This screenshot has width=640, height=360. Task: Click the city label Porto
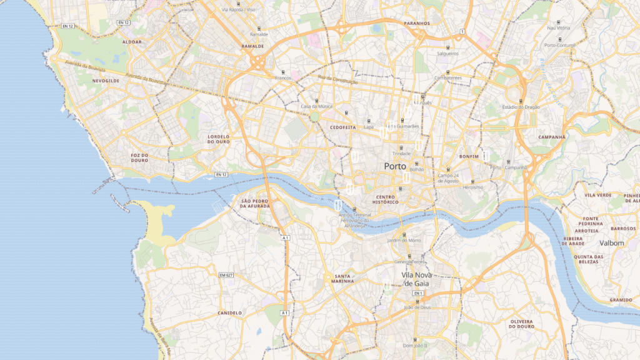click(x=394, y=166)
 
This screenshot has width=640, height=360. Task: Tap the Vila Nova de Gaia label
click(x=417, y=279)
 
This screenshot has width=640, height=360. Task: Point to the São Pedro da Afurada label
click(x=254, y=204)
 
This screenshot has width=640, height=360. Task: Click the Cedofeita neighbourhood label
click(x=342, y=127)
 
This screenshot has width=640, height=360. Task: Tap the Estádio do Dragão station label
click(x=521, y=107)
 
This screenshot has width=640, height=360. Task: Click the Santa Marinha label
click(x=344, y=278)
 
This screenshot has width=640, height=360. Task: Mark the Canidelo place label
click(x=229, y=312)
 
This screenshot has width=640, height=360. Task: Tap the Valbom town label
click(x=611, y=243)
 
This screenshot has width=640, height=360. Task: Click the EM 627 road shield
click(x=226, y=275)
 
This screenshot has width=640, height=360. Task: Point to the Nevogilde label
click(x=106, y=81)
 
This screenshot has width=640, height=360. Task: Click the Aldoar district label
click(x=132, y=42)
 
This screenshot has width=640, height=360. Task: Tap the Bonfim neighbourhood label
click(x=468, y=156)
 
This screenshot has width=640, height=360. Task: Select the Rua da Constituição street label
click(x=337, y=80)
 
